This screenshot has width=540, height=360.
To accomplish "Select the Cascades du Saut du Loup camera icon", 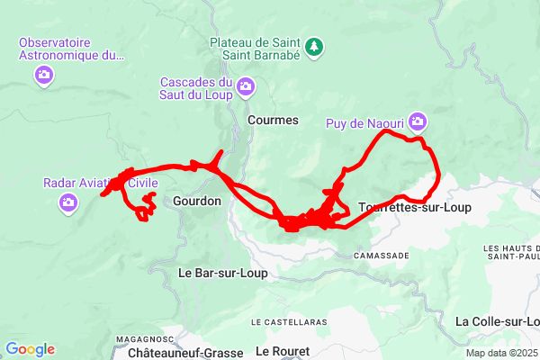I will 247,86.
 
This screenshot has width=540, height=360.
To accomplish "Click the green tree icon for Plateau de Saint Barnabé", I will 314,46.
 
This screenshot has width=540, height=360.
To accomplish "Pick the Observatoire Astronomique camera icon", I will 44,76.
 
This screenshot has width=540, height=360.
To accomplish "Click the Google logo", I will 30,349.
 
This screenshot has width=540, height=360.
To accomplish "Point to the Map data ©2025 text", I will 500,352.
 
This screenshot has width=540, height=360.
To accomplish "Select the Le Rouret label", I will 283,350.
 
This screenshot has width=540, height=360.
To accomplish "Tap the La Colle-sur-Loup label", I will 498,321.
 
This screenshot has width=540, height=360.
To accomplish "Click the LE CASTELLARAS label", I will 289,321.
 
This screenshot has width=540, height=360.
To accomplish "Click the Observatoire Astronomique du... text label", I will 71,49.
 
